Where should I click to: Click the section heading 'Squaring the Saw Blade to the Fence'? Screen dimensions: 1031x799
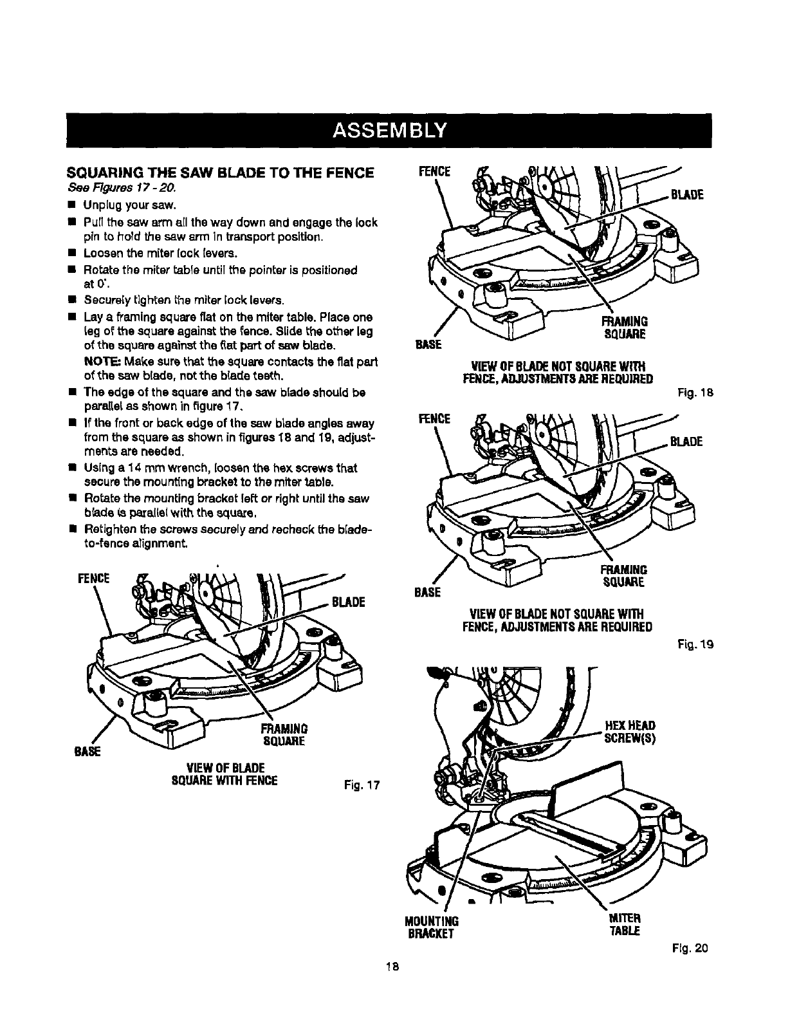pos(221,173)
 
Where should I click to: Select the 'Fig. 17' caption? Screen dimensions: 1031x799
pos(359,785)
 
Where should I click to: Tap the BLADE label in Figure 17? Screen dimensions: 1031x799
pos(348,602)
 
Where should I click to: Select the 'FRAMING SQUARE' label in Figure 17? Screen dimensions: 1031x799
pos(284,734)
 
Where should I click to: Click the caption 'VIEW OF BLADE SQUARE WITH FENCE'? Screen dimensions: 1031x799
pos(222,774)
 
